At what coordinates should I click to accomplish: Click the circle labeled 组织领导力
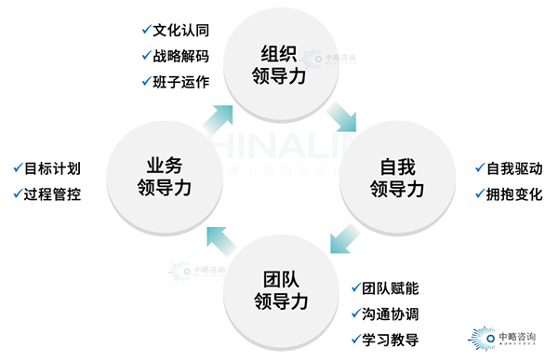[280, 64]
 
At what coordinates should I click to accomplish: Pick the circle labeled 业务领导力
[164, 178]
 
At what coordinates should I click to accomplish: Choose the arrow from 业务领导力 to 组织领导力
[219, 115]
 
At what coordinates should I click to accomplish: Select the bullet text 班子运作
[180, 81]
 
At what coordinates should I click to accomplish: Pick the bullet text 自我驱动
[513, 169]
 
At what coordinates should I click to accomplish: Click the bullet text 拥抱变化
[513, 195]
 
